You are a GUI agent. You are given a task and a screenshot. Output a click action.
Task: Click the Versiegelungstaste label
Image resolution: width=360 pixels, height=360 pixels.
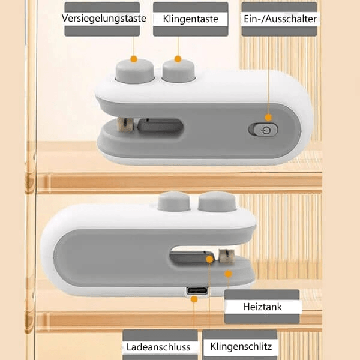pyautogui.click(x=104, y=19)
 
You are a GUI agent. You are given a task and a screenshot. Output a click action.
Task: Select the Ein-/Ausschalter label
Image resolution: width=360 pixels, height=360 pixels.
pyautogui.click(x=280, y=19)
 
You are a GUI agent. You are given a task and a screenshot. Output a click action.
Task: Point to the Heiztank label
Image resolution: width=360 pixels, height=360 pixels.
pyautogui.click(x=262, y=307)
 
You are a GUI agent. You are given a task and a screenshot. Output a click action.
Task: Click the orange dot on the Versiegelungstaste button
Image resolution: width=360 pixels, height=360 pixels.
pyautogui.click(x=133, y=59)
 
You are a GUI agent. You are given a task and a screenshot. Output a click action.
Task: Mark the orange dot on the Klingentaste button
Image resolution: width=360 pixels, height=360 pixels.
pyautogui.click(x=178, y=59)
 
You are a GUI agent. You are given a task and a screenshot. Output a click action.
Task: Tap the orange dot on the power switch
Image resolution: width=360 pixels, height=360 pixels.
pyautogui.click(x=268, y=118)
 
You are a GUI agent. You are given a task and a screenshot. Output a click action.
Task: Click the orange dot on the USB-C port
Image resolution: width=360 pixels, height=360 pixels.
pyautogui.click(x=194, y=298)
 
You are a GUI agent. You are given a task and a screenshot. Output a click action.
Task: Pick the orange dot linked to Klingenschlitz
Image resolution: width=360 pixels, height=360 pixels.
pyautogui.click(x=209, y=259)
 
